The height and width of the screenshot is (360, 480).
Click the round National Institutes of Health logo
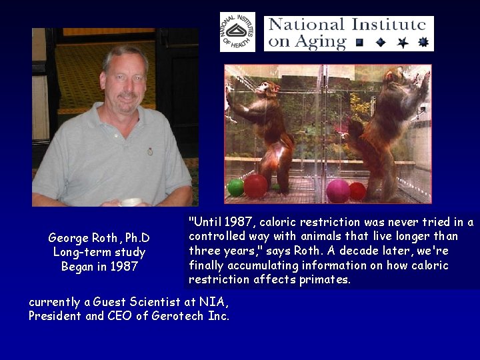click(x=237, y=31)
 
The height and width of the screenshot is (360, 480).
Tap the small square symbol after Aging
click(x=359, y=43)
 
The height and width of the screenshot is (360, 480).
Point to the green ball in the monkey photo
click(x=235, y=187)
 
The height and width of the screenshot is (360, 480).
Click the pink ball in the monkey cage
click(x=338, y=190)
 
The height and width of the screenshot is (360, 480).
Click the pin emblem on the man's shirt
click(x=150, y=151)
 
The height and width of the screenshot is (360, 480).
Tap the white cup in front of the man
click(x=131, y=201)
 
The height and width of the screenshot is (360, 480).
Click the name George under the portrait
click(x=67, y=238)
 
